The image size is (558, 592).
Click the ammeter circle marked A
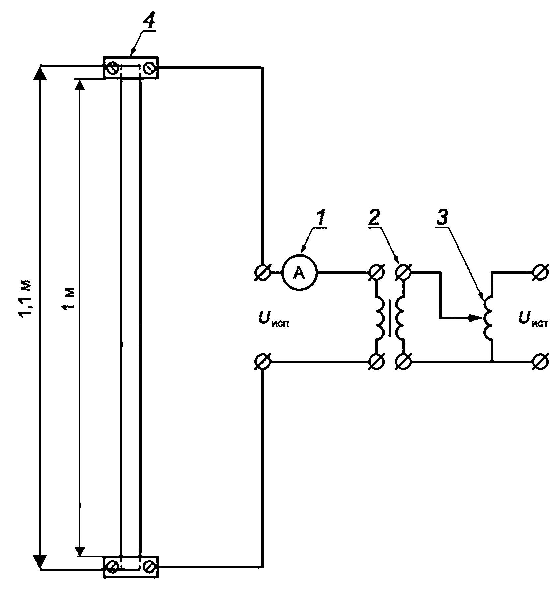pos(300,272)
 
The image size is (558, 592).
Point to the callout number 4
pos(149,22)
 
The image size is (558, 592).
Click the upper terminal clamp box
pos(131,68)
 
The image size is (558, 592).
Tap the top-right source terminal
pos(540,272)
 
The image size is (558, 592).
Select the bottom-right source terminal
pos(540,361)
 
